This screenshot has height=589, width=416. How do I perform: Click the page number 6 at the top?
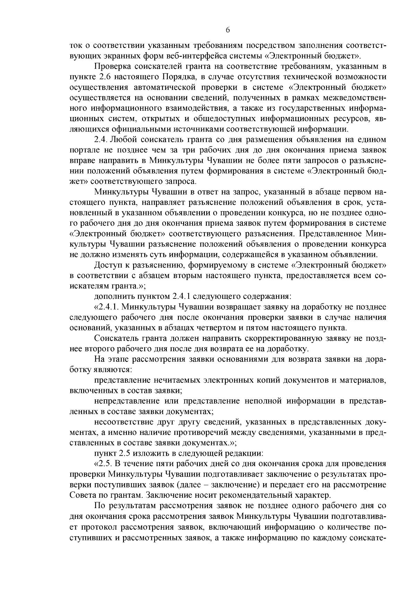coord(228,30)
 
